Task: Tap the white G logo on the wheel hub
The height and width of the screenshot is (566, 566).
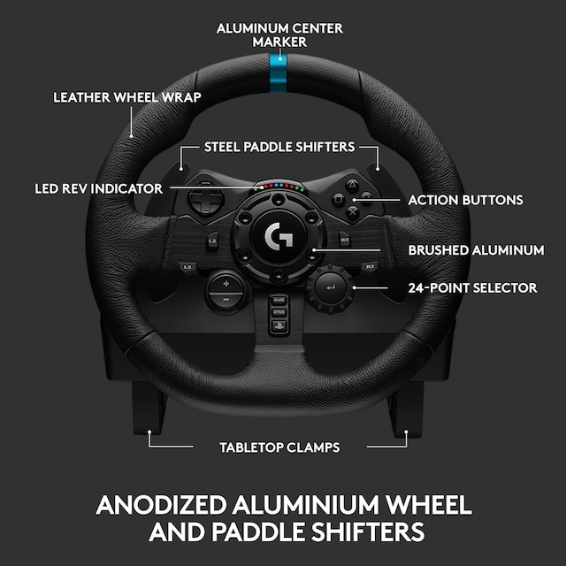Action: click(279, 236)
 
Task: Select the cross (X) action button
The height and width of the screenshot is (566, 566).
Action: click(354, 211)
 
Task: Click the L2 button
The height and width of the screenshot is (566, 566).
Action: click(212, 240)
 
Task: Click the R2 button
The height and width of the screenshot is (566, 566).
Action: click(345, 240)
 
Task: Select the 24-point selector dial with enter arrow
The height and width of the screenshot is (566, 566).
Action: click(331, 287)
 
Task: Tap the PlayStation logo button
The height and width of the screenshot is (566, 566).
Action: click(279, 326)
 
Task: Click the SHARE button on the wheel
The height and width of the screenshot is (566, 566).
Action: click(279, 300)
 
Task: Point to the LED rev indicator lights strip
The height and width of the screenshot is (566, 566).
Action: click(279, 187)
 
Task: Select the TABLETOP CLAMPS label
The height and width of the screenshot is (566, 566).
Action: click(279, 447)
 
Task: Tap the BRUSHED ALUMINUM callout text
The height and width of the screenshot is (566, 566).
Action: click(476, 250)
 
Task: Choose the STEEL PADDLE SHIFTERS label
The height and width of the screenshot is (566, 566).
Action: click(279, 147)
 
